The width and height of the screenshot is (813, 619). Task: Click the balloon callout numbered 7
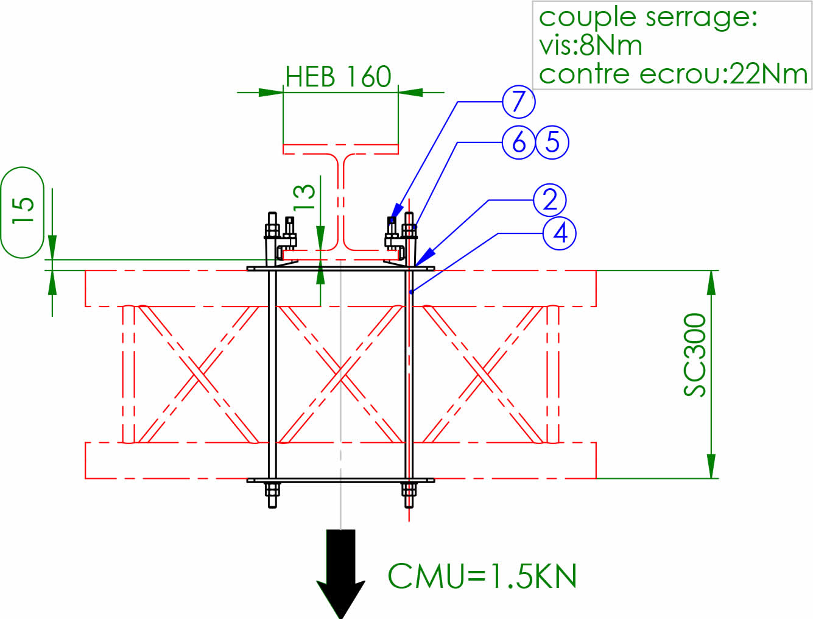[518, 102]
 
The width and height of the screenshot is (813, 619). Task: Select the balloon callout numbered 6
[519, 143]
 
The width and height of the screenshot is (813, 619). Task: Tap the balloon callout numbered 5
[552, 143]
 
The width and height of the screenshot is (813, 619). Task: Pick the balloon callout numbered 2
[550, 200]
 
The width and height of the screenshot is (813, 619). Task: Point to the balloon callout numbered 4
[560, 233]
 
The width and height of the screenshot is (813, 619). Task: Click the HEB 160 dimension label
[339, 77]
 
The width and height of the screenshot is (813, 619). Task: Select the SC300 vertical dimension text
[695, 355]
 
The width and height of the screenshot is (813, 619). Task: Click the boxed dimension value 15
[23, 211]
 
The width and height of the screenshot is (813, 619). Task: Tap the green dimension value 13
[304, 197]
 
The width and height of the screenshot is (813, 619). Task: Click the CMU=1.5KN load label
[482, 576]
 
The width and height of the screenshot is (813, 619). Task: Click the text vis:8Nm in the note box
[590, 46]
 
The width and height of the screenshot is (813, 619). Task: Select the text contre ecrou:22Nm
[673, 74]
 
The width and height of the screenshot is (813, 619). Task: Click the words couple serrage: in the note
[648, 17]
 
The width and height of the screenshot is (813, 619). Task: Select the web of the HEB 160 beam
[341, 201]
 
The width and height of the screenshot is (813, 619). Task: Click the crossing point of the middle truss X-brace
[341, 373]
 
